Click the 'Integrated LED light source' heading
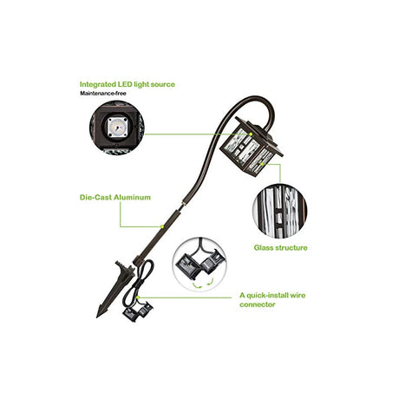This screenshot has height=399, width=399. (128, 84)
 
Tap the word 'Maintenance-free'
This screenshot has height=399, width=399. (103, 94)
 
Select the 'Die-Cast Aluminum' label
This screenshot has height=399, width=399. (115, 198)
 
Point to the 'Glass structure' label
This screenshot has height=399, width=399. (280, 248)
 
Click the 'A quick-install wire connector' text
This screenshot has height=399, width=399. (272, 300)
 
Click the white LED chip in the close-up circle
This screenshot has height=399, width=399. (117, 128)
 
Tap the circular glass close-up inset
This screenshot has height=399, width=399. (279, 211)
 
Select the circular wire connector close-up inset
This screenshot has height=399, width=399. (199, 264)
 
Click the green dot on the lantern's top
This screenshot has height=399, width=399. (251, 134)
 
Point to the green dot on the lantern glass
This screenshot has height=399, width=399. (262, 164)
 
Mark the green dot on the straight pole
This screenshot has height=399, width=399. (162, 226)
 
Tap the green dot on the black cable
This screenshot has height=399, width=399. (138, 297)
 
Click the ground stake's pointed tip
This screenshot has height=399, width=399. (97, 317)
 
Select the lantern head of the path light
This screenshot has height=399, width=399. (251, 147)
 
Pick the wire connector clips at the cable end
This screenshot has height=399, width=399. (138, 311)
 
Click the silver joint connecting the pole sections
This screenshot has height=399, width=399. (183, 205)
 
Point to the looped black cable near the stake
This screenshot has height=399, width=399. (138, 282)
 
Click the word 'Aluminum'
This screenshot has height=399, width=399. (132, 198)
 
